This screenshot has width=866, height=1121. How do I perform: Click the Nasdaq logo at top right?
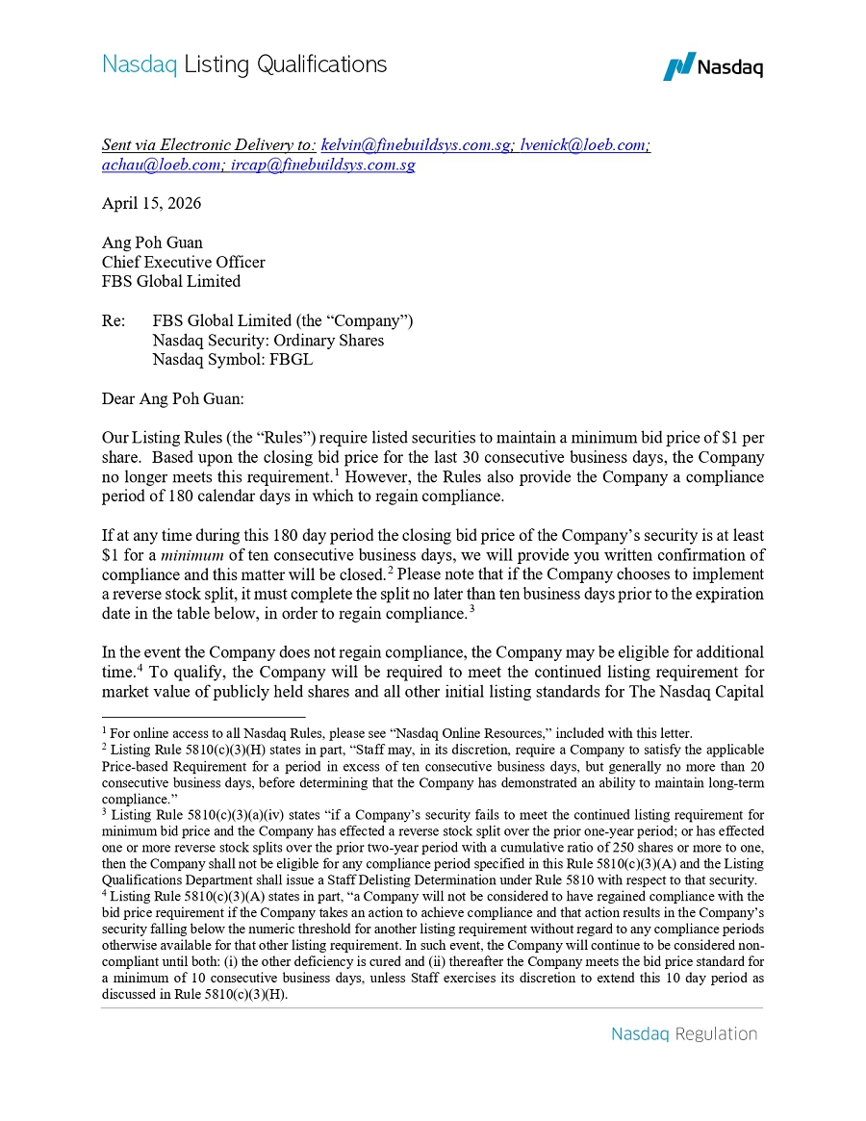click(713, 66)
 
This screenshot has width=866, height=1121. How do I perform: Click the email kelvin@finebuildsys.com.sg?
click(415, 144)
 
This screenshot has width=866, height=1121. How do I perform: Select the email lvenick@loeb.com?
click(584, 144)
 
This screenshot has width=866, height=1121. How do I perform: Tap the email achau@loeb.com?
click(161, 165)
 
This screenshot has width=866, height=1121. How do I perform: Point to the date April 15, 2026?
click(151, 203)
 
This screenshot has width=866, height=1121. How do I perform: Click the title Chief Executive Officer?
click(183, 262)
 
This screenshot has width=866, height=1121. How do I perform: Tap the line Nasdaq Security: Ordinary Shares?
click(267, 341)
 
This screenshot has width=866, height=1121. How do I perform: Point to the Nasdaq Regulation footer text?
click(684, 1034)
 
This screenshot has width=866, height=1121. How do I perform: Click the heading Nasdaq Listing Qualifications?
click(244, 64)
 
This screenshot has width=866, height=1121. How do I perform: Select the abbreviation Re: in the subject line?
click(114, 321)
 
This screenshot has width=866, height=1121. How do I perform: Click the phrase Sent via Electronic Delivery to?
click(208, 144)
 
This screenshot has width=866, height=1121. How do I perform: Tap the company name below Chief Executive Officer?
click(170, 281)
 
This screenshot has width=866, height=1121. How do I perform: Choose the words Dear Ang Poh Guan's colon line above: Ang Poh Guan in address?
click(152, 242)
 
